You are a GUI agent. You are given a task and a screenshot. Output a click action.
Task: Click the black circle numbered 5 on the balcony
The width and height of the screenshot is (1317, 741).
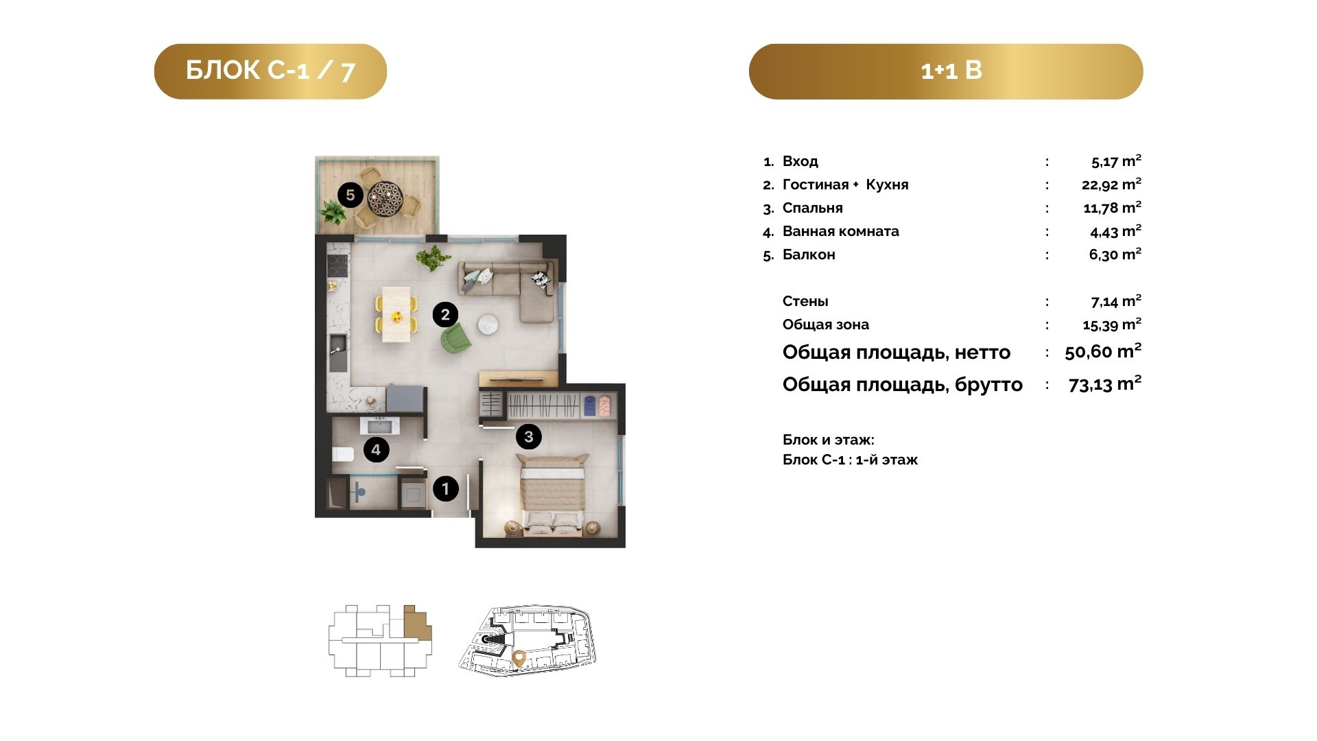click(x=350, y=195)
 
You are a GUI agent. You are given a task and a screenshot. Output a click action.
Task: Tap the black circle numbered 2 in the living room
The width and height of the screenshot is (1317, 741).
click(x=445, y=315)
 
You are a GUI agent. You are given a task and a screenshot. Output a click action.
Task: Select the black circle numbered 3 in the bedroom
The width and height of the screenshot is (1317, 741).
click(x=528, y=436)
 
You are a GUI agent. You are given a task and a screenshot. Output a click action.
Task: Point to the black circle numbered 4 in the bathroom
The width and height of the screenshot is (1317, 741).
click(x=376, y=450)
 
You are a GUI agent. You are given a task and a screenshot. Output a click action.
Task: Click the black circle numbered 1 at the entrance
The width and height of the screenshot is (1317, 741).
click(x=446, y=489)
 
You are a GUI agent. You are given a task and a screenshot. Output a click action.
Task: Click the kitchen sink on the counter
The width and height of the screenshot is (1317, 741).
click(x=338, y=353)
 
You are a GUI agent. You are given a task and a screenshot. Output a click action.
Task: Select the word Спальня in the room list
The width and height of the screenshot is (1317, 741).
click(x=813, y=208)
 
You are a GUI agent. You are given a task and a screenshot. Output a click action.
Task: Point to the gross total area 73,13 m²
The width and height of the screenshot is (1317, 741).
click(x=1105, y=384)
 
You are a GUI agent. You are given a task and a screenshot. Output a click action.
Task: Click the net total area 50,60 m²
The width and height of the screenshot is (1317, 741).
click(x=1103, y=351)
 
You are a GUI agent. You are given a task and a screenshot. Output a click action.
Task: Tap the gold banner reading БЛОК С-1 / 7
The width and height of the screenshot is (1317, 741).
click(x=270, y=71)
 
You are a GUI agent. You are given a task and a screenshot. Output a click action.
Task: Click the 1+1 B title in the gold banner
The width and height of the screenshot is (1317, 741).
click(x=951, y=71)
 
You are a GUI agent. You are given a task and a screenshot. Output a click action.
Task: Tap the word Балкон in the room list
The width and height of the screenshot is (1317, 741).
click(x=809, y=255)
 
